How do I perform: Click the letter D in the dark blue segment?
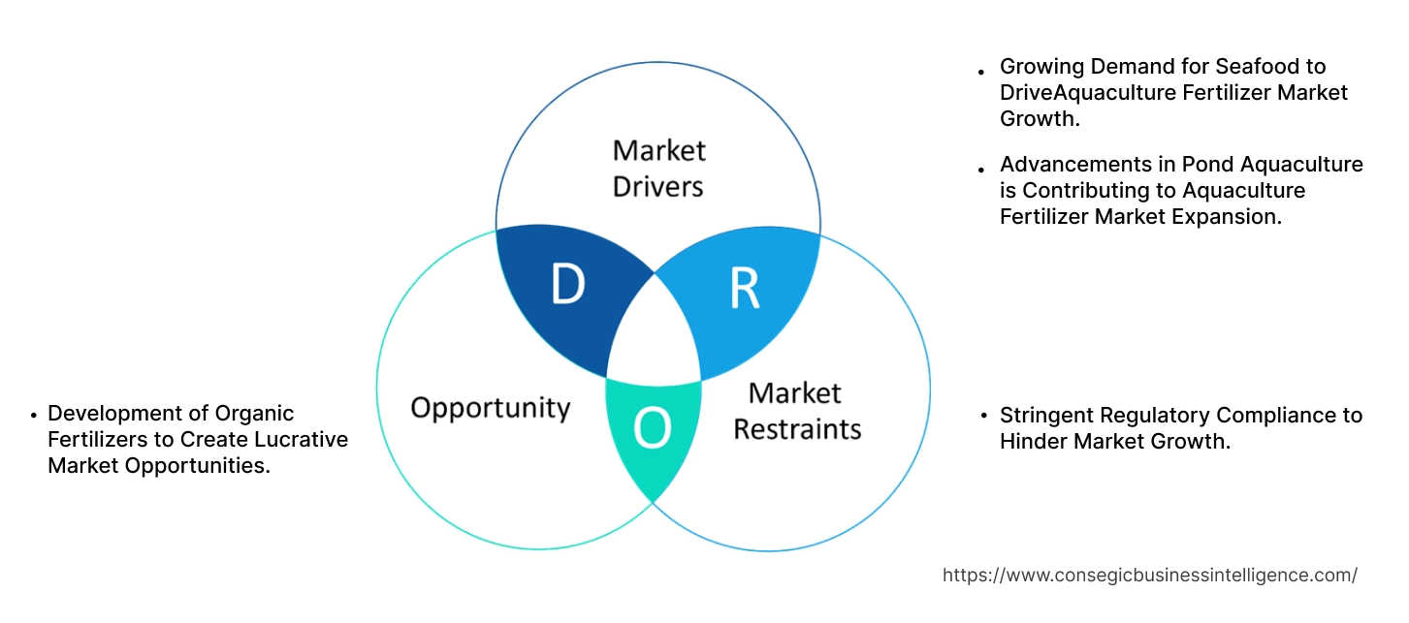point(567,284)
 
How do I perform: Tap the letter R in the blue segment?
point(745,287)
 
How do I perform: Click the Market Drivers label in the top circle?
point(658,168)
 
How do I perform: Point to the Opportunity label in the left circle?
point(490,407)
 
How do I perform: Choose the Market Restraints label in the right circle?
point(796,411)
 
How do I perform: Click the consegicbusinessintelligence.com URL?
point(1149,575)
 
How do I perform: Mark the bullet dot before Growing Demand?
point(981,71)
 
